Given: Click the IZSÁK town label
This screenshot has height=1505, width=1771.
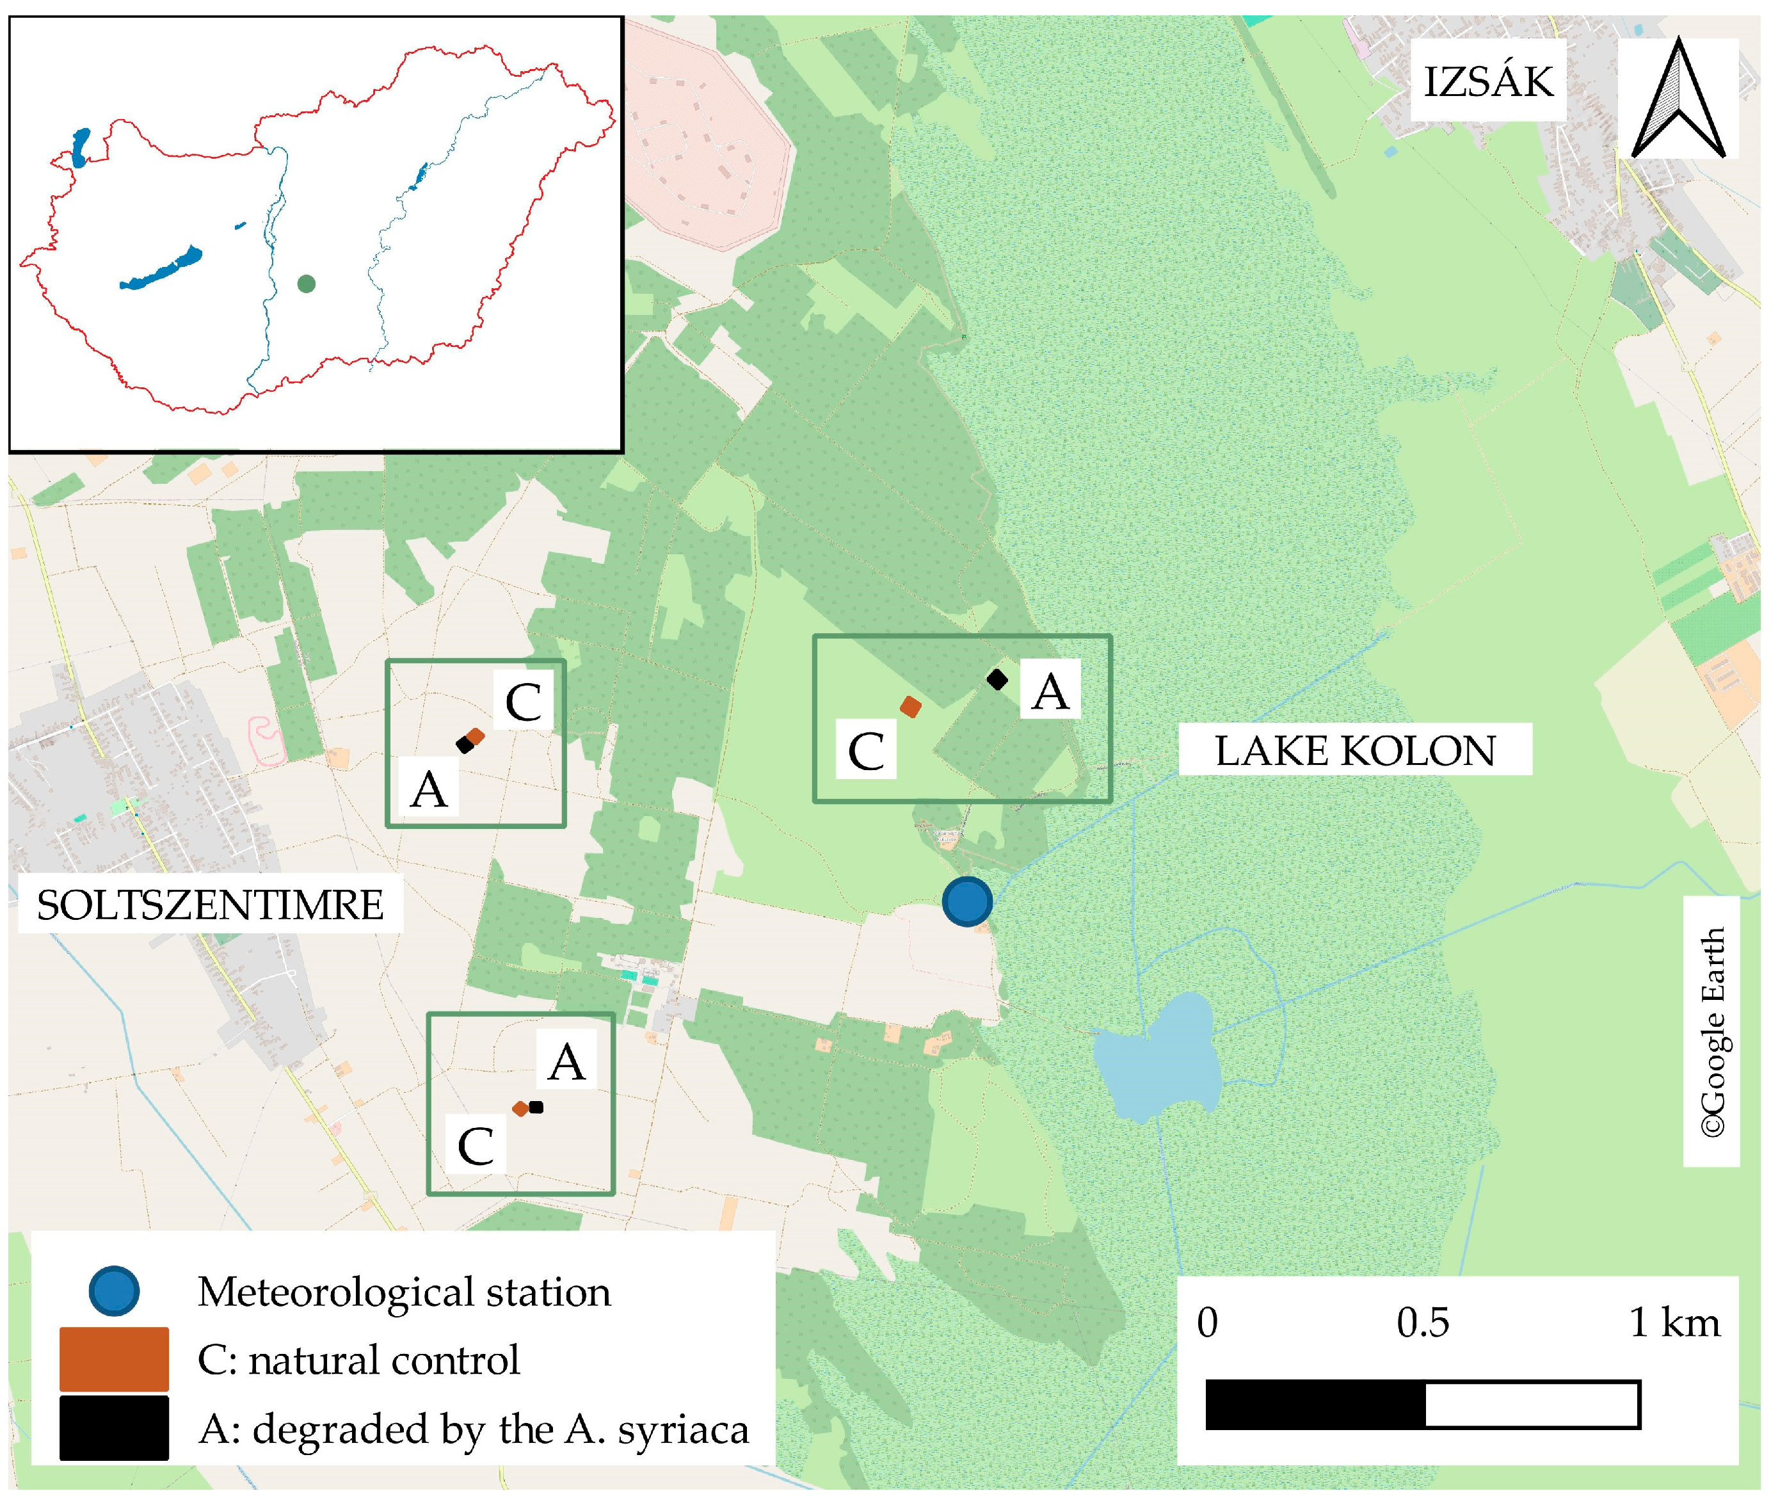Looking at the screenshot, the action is pos(1487,82).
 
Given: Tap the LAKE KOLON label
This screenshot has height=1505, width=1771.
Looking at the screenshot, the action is pos(1355,751).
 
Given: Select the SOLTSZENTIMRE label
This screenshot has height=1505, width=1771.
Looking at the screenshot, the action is pos(210,905).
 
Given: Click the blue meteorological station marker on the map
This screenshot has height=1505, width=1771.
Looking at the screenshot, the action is pos(966,901).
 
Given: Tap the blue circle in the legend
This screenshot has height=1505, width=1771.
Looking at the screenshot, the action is pos(113,1291).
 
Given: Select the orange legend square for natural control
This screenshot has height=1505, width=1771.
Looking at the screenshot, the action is pos(113,1358).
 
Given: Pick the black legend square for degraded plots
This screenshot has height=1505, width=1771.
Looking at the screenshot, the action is pos(113,1428).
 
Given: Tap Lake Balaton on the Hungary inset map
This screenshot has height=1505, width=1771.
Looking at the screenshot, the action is pos(162,270).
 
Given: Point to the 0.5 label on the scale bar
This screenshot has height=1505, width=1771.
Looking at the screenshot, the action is pos(1422,1323).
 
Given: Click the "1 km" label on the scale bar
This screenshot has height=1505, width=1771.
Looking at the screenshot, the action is pos(1674,1323).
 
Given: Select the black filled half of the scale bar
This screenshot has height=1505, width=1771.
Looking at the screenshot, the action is pos(1315,1404).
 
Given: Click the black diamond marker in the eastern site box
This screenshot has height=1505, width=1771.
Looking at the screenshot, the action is pos(997,679).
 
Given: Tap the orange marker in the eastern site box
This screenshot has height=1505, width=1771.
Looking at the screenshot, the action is pos(910,707).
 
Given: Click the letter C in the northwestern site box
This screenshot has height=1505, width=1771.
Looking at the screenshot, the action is pos(523,703).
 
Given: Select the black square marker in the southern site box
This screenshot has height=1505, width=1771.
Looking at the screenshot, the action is pos(536,1107).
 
